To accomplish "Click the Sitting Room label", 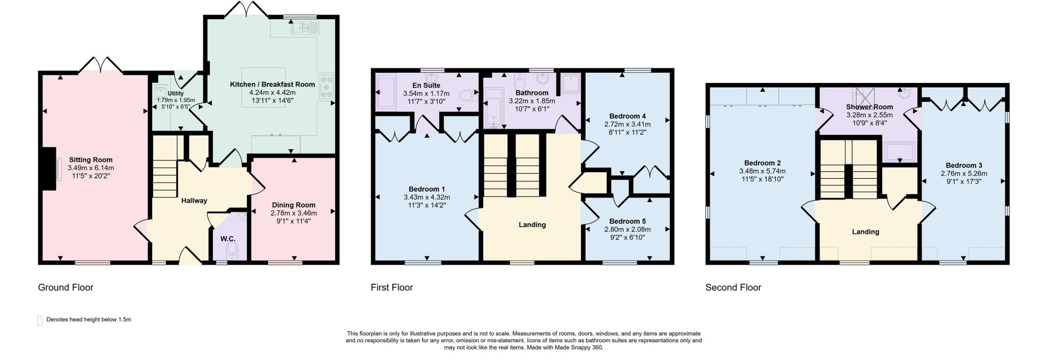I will (x=91, y=160).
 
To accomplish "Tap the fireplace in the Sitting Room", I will (x=49, y=169).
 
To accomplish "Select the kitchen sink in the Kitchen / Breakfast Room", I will (x=305, y=27).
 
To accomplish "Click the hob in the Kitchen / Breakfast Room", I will (x=326, y=87).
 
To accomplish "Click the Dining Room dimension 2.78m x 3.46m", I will (x=293, y=213).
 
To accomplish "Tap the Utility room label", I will (x=176, y=94).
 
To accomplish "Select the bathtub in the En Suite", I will (x=386, y=92).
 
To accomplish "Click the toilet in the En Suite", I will (x=468, y=96).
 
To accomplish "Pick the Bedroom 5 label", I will (x=627, y=221).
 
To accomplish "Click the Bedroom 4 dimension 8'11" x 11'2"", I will (x=627, y=132).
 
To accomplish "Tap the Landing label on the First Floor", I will (x=532, y=225).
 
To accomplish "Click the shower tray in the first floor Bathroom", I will (x=571, y=83).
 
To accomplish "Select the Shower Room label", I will (x=869, y=107).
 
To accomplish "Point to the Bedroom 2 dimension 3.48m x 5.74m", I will (x=762, y=172).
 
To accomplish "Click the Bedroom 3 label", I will (x=963, y=165).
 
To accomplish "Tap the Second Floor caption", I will (x=733, y=288).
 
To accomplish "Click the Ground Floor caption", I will (x=66, y=288).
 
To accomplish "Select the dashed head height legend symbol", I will (x=40, y=321).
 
